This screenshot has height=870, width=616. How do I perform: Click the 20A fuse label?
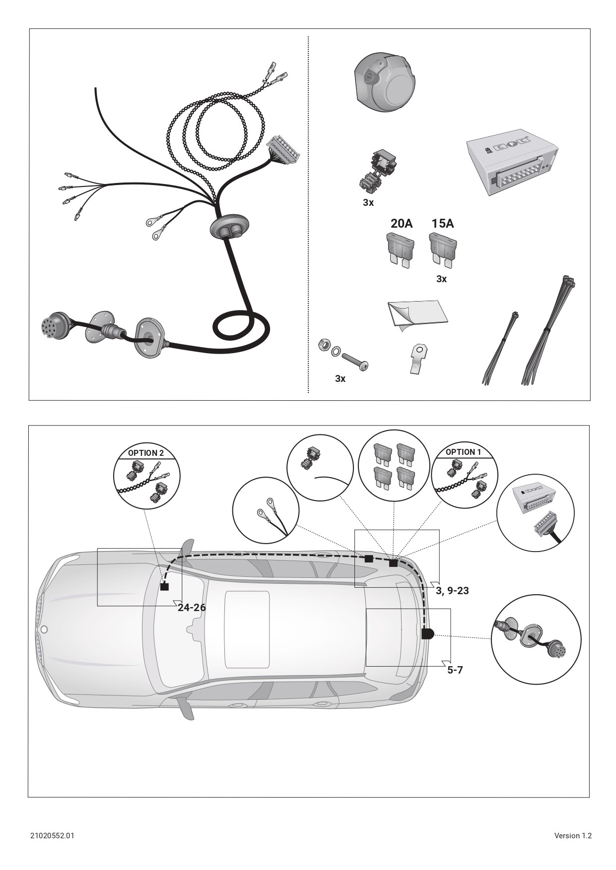coord(402,224)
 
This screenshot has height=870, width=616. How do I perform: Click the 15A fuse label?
coord(442,224)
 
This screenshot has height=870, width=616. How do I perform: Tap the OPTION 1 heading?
coord(463,452)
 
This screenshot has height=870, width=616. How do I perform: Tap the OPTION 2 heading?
coord(145,453)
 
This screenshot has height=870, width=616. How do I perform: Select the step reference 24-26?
coord(192,608)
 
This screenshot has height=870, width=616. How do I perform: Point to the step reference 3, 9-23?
coord(452,591)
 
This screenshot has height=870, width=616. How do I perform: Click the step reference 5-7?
coord(455,670)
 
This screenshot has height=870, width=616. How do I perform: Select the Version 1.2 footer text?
coord(573,836)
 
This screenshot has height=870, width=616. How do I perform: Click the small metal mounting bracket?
coord(418,360)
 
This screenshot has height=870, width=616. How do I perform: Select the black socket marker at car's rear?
coord(427,634)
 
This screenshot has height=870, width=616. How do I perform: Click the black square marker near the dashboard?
coord(164,587)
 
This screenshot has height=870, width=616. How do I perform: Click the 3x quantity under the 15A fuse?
coord(441,279)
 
